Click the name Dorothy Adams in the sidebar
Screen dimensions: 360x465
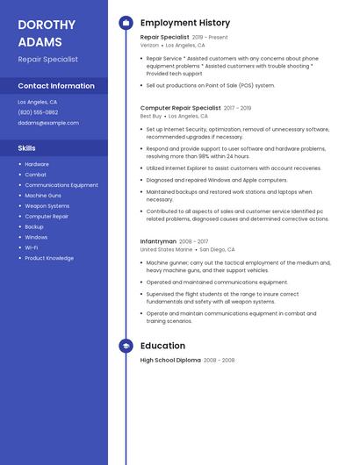click(40, 32)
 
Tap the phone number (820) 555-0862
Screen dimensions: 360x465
click(38, 112)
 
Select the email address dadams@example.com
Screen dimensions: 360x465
click(48, 123)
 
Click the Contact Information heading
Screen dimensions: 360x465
click(56, 86)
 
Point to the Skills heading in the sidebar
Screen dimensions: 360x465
click(26, 148)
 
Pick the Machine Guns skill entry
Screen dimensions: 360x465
click(43, 196)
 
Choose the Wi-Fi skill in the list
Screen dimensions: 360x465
click(32, 247)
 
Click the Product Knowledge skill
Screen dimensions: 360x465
click(49, 258)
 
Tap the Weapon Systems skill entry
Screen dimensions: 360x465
click(47, 206)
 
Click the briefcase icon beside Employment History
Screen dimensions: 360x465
click(126, 23)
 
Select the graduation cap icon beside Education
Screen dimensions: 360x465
click(126, 346)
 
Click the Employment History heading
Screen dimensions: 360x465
click(185, 23)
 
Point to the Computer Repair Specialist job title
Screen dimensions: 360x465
click(180, 108)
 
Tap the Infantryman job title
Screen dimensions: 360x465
click(158, 241)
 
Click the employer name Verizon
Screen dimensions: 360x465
click(149, 45)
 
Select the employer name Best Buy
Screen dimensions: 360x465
click(151, 116)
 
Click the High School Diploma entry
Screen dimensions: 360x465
click(170, 360)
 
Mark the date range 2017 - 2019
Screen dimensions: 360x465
click(237, 108)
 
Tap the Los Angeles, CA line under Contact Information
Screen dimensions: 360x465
click(38, 102)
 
